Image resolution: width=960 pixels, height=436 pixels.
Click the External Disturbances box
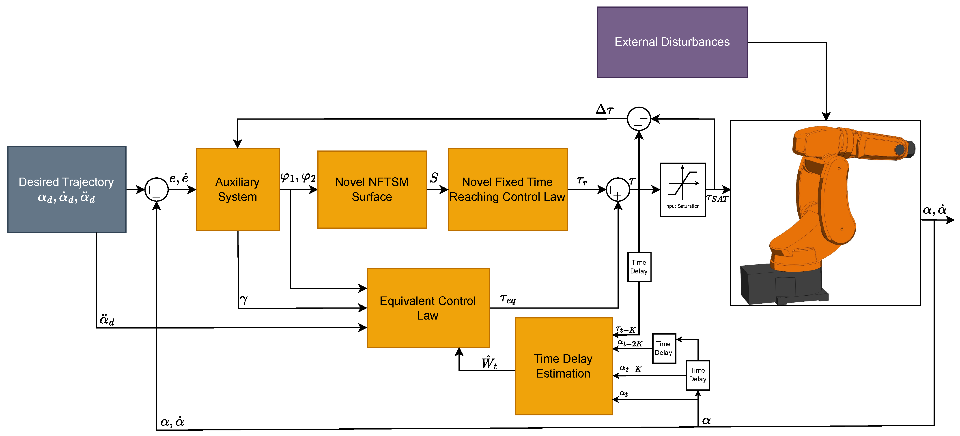pos(672,42)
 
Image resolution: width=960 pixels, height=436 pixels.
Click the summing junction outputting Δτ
pos(639,119)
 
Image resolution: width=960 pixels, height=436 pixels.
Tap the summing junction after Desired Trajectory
pos(156,190)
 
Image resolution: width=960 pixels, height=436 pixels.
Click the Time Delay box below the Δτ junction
pos(639,267)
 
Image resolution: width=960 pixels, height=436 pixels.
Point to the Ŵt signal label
pos(489,363)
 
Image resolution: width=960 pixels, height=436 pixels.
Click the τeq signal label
pos(508,299)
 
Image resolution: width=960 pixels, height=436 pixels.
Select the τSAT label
pos(717,198)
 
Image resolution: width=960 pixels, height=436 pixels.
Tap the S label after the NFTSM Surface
pos(434,178)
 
